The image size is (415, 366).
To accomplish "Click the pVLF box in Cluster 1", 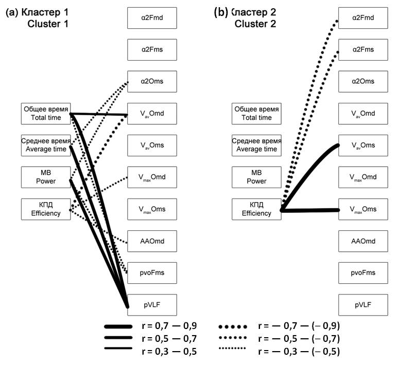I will click(152, 304).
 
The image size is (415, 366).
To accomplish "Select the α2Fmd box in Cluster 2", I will click(363, 18).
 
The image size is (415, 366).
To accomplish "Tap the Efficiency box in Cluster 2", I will click(256, 209).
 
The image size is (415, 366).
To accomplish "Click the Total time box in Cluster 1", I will click(46, 114).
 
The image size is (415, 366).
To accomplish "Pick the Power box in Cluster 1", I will click(46, 177).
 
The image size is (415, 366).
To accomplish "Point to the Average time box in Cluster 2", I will click(256, 145).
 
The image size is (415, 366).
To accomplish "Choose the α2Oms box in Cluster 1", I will click(152, 81).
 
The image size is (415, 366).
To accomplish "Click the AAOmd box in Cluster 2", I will click(363, 241).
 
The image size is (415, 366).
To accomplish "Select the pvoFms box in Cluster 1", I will click(152, 272).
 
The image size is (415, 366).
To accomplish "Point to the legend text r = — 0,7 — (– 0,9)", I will click(299, 326).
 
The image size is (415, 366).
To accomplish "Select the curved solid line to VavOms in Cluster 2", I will click(309, 164).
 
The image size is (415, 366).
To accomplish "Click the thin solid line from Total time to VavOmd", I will click(100, 114).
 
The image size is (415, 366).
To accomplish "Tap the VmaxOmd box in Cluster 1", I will click(152, 177).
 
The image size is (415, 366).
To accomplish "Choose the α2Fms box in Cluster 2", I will click(363, 50).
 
